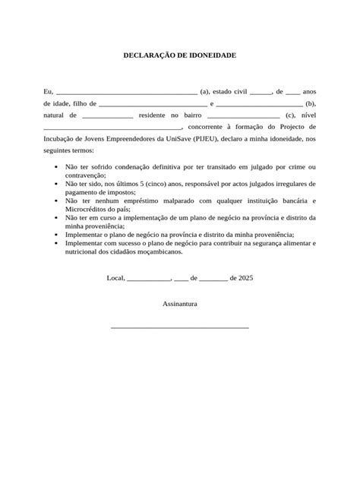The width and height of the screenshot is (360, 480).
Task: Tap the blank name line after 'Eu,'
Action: [x=127, y=92]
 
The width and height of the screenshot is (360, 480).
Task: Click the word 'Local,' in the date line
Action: [x=116, y=278]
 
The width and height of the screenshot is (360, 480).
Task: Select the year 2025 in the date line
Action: [x=245, y=278]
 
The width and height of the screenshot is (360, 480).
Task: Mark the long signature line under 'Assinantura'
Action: [x=180, y=327]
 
